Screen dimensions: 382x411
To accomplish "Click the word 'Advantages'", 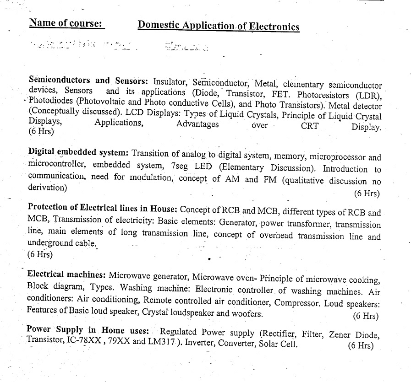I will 197,124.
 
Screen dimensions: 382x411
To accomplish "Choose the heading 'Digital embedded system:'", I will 79,152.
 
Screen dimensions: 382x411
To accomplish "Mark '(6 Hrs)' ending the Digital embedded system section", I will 367,193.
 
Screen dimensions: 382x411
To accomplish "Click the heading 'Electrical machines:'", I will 66,275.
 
